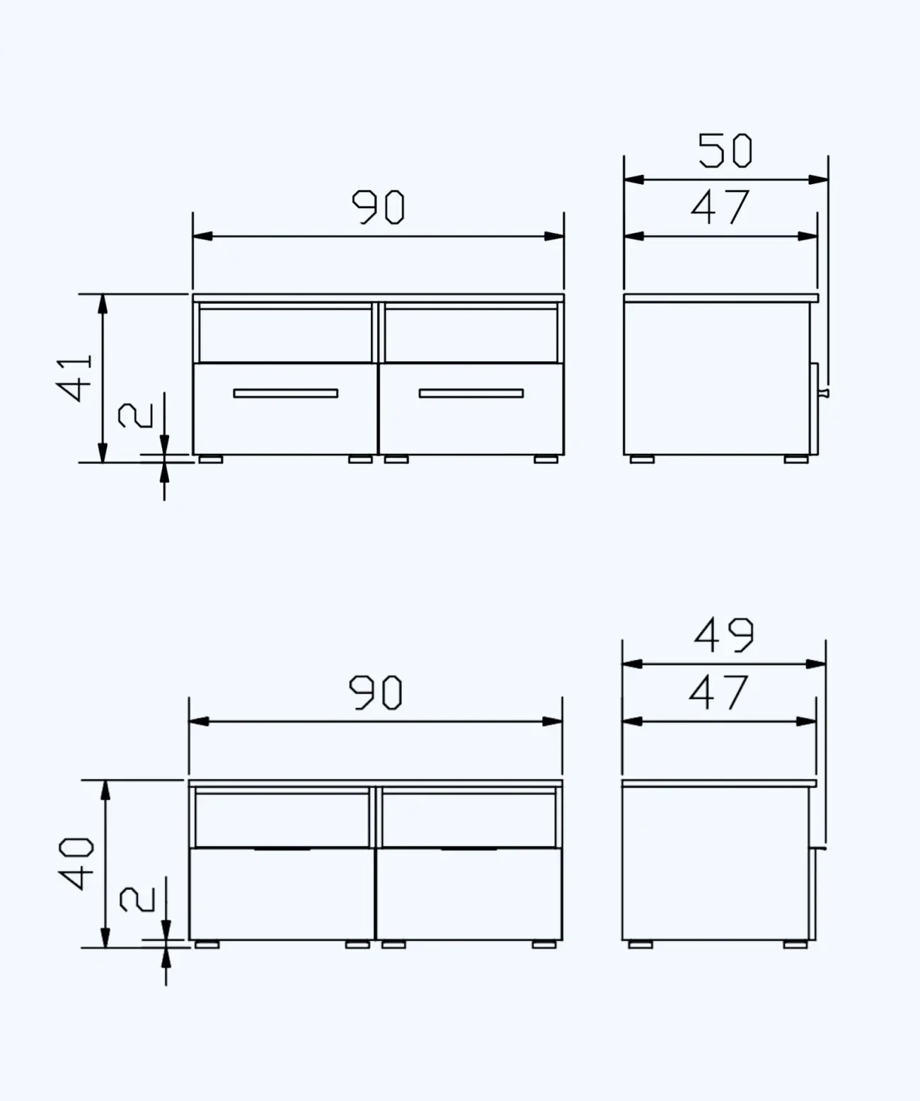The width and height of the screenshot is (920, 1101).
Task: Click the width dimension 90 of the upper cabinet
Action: tap(379, 207)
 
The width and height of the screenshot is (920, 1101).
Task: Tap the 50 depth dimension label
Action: tap(725, 151)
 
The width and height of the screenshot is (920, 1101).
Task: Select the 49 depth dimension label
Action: tap(723, 635)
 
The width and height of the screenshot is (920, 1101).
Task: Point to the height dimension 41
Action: tap(75, 377)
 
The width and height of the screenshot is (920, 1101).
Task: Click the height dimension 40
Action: tap(76, 863)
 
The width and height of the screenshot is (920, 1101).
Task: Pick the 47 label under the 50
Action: tap(720, 207)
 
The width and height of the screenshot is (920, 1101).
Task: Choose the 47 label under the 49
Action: tap(718, 692)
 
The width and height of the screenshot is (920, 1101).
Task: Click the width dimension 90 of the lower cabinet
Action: tap(376, 692)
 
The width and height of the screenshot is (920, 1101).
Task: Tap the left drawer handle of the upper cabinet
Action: tap(285, 393)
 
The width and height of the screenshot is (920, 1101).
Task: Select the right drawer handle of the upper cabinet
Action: tap(471, 393)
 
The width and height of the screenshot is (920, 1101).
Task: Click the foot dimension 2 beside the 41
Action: tap(135, 415)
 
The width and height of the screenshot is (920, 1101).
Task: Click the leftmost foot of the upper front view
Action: tap(210, 460)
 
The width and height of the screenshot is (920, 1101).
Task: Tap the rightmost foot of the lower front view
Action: tap(544, 945)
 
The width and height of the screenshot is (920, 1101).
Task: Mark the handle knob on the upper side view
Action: tap(823, 393)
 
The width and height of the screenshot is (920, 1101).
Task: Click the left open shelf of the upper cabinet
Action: tap(284, 335)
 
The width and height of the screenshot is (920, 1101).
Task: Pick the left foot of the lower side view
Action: tap(640, 945)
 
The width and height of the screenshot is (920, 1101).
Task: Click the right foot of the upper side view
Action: tap(796, 460)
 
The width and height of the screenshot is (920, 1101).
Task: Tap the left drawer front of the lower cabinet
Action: tap(282, 894)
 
